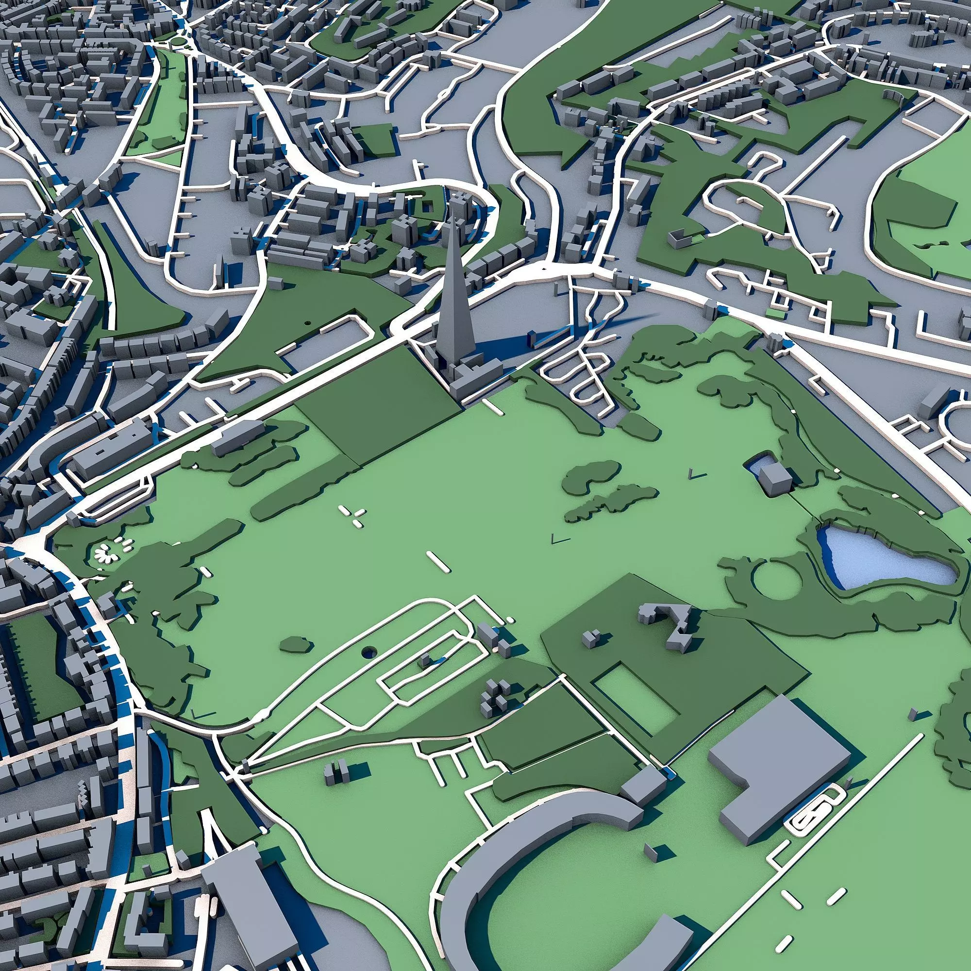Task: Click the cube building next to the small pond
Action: (x=775, y=480)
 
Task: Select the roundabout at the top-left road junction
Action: (x=177, y=41)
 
